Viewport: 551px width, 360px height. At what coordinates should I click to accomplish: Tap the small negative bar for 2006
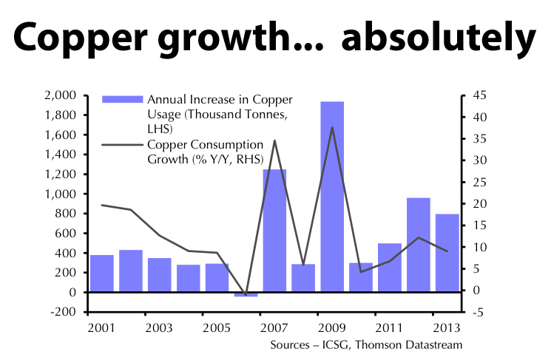246,295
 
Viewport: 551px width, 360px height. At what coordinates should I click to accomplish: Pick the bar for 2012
418,245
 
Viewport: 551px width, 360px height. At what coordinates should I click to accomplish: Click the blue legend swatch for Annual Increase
122,99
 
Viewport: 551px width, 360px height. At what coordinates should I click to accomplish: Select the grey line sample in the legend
122,144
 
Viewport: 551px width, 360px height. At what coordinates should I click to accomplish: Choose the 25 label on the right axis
476,182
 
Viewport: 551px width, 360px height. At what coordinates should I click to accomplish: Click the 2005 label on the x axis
217,327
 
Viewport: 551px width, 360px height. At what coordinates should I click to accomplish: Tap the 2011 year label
389,327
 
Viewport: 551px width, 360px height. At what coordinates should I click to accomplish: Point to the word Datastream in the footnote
434,344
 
